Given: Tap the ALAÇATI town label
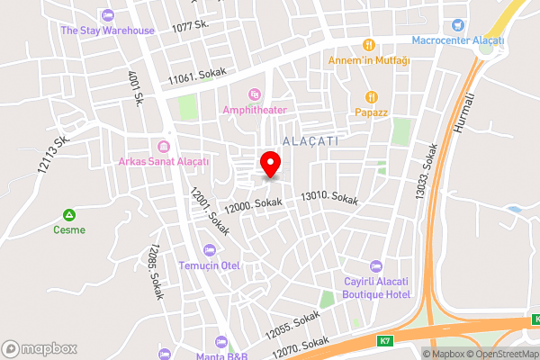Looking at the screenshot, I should click(310, 141).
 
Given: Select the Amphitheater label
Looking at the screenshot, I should click(256, 110).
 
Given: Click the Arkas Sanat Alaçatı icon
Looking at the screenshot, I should click(164, 146).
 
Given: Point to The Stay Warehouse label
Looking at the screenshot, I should click(107, 30).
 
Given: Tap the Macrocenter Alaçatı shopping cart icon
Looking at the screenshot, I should click(459, 25).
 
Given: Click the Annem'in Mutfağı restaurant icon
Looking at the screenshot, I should click(369, 45).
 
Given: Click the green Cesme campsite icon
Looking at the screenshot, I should click(69, 215).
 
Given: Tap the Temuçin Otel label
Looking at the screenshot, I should click(209, 265).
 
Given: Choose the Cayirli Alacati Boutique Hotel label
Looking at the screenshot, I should click(377, 288).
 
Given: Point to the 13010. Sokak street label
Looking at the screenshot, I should click(329, 196).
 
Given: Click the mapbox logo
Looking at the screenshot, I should click(40, 348).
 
